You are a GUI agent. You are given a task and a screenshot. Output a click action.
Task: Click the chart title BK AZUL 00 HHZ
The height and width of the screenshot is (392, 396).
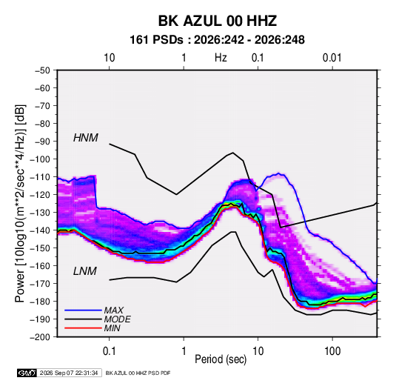coord(217,21)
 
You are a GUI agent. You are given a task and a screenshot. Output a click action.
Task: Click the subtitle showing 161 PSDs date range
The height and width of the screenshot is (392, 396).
coord(217,40)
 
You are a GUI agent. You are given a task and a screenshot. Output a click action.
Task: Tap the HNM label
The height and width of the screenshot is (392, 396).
coord(86,138)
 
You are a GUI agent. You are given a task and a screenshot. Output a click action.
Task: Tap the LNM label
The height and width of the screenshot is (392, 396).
coord(85,271)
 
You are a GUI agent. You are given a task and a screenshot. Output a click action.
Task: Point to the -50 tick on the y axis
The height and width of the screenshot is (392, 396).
coord(42,70)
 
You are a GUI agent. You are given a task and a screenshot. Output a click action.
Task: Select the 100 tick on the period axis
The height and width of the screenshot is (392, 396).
coord(332,351)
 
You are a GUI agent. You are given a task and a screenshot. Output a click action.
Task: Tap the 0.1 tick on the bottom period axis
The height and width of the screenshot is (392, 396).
coord(110,351)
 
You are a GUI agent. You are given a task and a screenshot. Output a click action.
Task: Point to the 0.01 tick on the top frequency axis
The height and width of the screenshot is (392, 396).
coord(332,58)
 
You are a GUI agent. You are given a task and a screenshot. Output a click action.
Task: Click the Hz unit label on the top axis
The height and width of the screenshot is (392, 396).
coord(221,58)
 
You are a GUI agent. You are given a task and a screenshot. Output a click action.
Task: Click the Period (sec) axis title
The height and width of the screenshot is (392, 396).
coord(221,359)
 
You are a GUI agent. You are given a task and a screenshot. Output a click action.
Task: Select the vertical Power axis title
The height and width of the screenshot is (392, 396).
coord(20,203)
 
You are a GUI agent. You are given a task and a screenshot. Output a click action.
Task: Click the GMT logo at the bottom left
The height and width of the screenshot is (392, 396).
coord(27,373)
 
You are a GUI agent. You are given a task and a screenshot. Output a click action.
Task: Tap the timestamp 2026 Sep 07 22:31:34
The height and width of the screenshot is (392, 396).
coord(69,373)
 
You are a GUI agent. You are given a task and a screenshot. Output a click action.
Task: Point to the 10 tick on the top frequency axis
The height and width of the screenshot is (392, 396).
coord(110,58)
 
